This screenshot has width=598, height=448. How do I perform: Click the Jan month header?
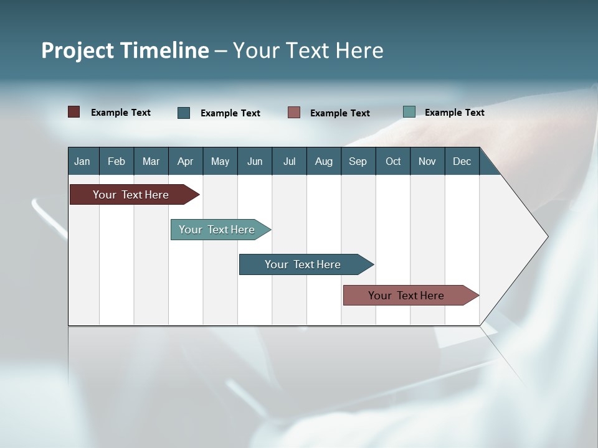point(82,161)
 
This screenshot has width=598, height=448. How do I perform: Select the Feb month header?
point(116,161)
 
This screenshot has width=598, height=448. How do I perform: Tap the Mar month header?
point(151,161)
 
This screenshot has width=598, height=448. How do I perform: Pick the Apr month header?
point(185,161)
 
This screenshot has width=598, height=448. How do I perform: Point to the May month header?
point(220,161)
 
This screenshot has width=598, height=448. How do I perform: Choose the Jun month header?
point(255,161)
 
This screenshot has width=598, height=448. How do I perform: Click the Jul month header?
point(289,161)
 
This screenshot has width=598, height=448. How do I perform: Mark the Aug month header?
point(324,161)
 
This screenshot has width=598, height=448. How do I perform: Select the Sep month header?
point(358,161)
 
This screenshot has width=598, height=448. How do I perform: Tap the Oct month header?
point(393,161)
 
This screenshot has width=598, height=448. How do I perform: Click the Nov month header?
point(427,161)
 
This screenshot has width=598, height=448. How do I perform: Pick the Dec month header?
point(462,161)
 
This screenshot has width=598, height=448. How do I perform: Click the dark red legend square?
point(74,112)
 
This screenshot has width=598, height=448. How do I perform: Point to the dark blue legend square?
point(184,113)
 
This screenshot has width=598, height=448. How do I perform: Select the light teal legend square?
point(409,112)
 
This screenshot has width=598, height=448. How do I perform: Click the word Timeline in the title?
point(165,50)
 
